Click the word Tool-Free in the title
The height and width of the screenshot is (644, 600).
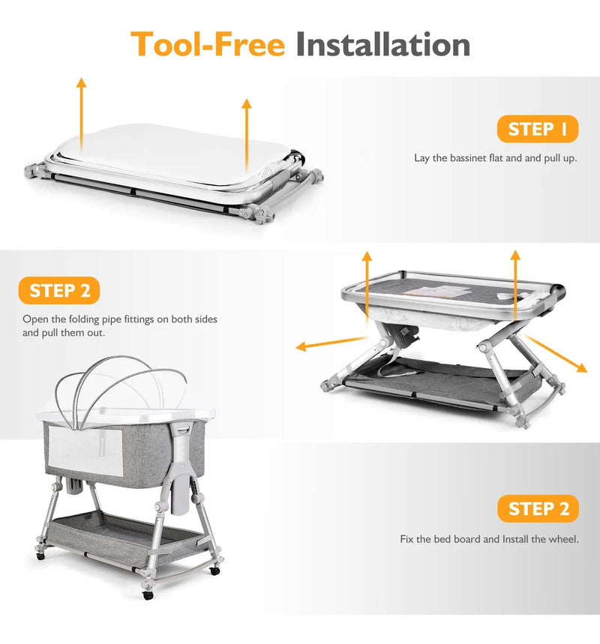coord(208,44)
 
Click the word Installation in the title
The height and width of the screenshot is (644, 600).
coord(383,44)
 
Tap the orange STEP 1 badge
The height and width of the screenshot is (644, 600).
coord(538,129)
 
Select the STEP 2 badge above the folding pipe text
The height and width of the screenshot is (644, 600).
coord(59,290)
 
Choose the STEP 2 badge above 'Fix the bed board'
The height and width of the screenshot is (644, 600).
coord(538,508)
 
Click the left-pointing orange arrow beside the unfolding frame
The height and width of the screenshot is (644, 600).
coord(331,343)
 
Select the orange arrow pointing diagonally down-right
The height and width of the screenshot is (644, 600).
coord(556,354)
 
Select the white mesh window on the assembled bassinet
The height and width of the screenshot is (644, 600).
coord(85,451)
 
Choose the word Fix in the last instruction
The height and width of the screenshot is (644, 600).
coord(406,539)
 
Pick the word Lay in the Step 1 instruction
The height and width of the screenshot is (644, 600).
coord(421,158)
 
